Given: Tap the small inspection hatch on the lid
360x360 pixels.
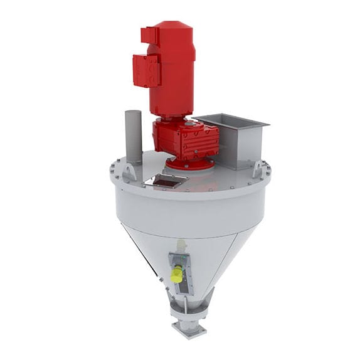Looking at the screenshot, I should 166,182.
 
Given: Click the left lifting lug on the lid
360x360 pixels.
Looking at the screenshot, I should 129,171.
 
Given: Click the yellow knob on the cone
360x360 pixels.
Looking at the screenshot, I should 176,275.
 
